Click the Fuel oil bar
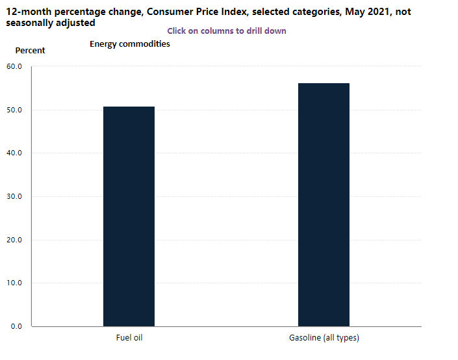(129, 216)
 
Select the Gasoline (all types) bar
(324, 205)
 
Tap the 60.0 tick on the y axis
(14, 67)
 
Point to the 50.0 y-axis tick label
(14, 110)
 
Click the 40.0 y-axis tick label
(14, 153)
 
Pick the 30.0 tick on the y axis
(14, 196)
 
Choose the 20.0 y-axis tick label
(14, 240)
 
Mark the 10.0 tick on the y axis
(14, 283)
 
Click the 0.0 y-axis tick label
(16, 326)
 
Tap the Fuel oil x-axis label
(129, 338)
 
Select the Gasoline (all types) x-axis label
(324, 338)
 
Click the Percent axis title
(30, 51)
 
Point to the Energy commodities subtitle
(130, 44)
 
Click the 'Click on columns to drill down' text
(227, 31)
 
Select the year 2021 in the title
(378, 12)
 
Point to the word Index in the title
(235, 12)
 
